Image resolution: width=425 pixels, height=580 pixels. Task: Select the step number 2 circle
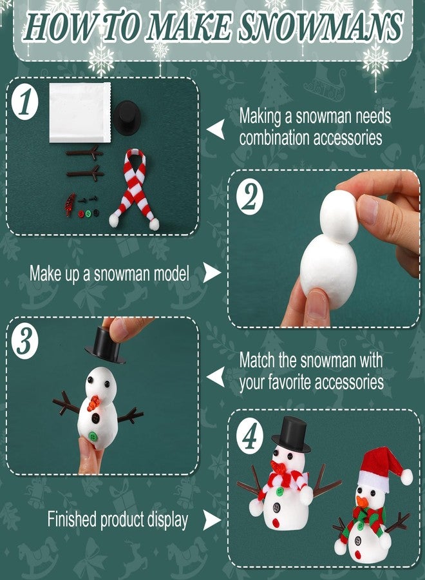249,198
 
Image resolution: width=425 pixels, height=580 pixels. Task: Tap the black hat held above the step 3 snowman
104,344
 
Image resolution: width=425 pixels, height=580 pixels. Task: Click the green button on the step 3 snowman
94,436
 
